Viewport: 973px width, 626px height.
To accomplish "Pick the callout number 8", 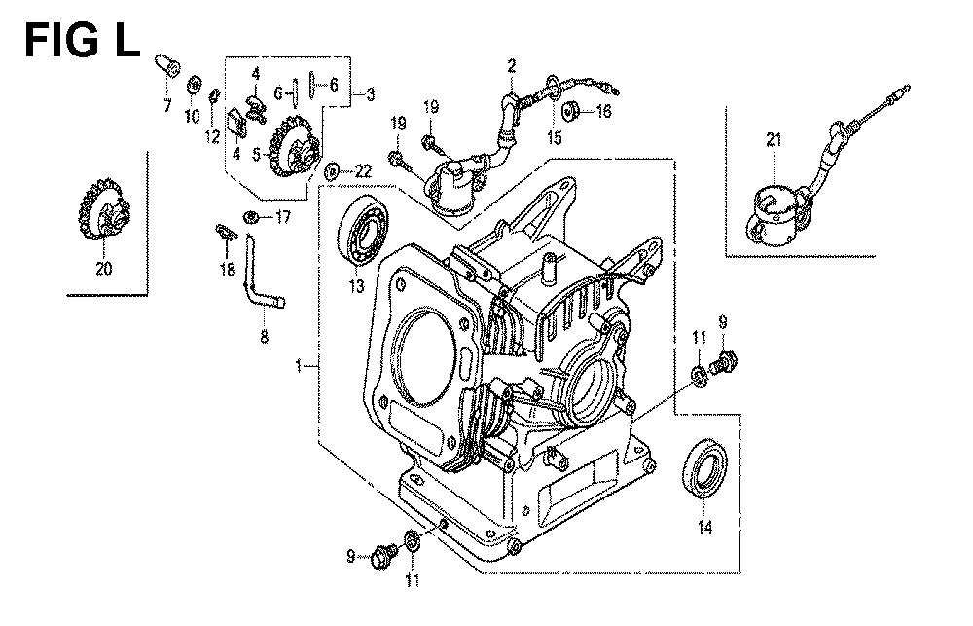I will point(264,338).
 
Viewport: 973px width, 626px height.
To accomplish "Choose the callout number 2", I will point(510,65).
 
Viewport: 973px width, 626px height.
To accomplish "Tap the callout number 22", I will point(363,171).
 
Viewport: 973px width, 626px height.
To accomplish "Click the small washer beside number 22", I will point(332,171).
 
